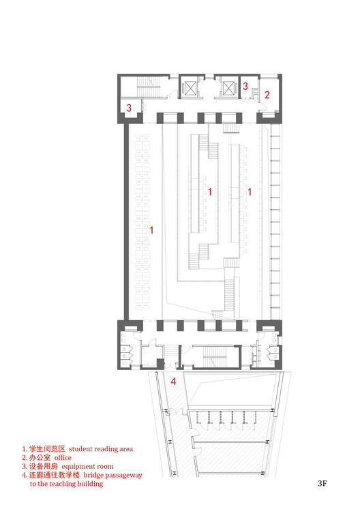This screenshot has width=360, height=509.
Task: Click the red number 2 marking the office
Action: [267, 95]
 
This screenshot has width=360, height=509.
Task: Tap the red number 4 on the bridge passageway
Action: [173, 382]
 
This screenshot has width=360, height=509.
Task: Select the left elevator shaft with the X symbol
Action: [189, 89]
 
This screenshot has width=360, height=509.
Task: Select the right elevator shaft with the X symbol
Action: [229, 89]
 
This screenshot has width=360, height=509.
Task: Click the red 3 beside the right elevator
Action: [245, 87]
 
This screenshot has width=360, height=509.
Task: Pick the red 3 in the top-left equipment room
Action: [129, 108]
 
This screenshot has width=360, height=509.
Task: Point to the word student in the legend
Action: [82, 449]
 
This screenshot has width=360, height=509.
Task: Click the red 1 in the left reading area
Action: [151, 231]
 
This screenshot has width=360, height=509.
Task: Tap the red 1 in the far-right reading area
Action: [250, 193]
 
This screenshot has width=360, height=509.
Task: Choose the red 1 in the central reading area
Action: [210, 193]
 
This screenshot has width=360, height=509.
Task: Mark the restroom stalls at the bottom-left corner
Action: [127, 347]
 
